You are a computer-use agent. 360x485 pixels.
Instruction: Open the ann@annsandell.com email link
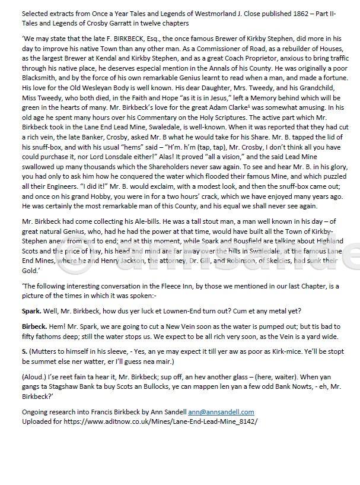pyautogui.click(x=221, y=411)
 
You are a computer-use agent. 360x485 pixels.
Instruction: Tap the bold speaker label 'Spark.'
pyautogui.click(x=31, y=310)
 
